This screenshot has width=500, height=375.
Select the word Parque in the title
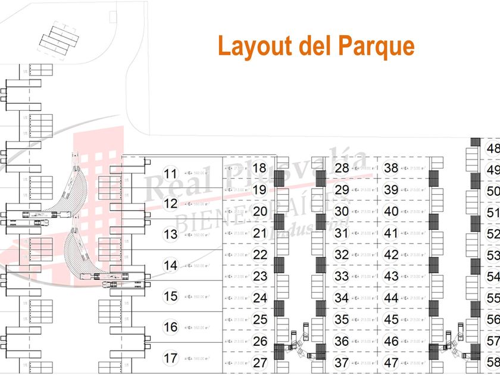376,45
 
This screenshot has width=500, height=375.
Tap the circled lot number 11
171,174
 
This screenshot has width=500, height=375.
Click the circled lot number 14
171,265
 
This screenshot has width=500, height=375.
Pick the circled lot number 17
171,358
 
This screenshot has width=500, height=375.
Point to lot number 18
260,168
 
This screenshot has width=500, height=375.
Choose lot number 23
260,276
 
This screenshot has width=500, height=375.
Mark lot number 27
260,362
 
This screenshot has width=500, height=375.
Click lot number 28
341,168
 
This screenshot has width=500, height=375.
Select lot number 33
341,276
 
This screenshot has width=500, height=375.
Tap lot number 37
341,362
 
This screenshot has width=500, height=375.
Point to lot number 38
391,168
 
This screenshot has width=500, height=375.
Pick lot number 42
391,255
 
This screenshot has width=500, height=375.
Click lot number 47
391,362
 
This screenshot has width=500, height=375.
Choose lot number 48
493,149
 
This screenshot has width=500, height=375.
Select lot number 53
493,255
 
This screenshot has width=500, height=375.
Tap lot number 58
493,362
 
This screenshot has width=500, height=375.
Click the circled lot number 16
171,327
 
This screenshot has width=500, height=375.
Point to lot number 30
341,211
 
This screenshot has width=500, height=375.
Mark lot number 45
391,320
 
